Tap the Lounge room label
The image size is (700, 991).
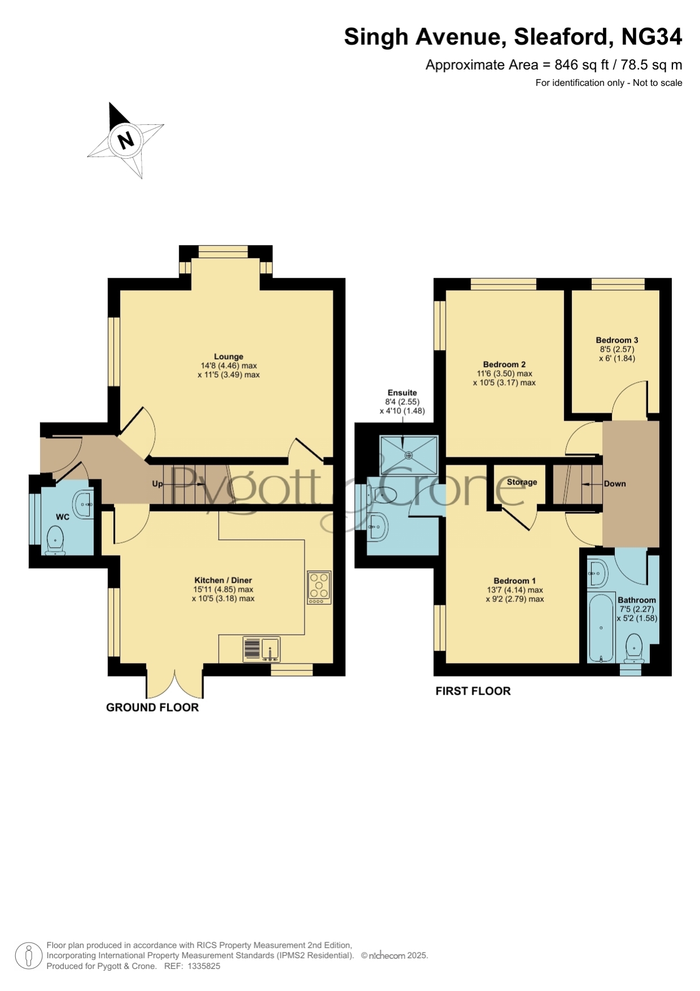click(x=228, y=356)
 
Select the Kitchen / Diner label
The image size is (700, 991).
click(x=223, y=580)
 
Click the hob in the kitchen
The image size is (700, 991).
click(x=319, y=588)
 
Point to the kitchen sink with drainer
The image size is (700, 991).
click(x=261, y=649)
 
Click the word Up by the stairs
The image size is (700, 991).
click(x=157, y=483)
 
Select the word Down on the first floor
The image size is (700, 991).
click(x=615, y=483)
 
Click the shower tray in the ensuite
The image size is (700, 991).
click(x=409, y=455)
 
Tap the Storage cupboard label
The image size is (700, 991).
click(x=522, y=482)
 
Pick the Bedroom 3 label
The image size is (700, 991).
click(x=617, y=340)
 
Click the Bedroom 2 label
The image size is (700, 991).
click(x=504, y=364)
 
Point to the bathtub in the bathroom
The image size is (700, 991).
click(x=601, y=627)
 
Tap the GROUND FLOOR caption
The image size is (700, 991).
click(x=152, y=707)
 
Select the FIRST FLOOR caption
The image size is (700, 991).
click(x=473, y=691)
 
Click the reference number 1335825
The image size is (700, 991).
click(x=204, y=966)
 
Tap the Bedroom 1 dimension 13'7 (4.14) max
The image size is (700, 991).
click(x=515, y=590)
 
